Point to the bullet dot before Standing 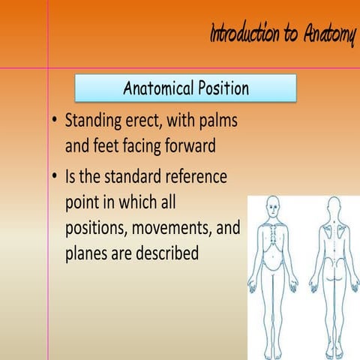point(55,121)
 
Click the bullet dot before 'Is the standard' point(55,179)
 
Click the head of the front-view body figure point(274,205)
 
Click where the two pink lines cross point(48,68)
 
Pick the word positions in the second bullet point(98,228)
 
